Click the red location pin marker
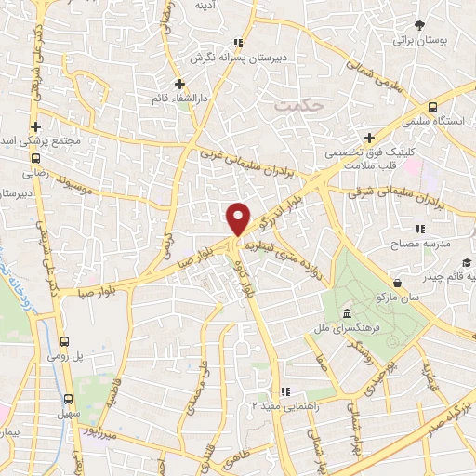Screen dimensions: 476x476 click(x=239, y=218)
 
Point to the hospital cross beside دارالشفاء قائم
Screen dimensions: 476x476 click(x=179, y=84)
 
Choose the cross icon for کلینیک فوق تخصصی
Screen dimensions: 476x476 click(x=370, y=138)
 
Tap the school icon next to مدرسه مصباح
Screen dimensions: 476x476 click(x=420, y=228)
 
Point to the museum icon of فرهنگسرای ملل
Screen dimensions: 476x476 click(x=346, y=312)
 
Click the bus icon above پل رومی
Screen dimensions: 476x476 click(x=66, y=341)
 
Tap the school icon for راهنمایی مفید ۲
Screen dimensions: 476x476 click(x=286, y=391)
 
